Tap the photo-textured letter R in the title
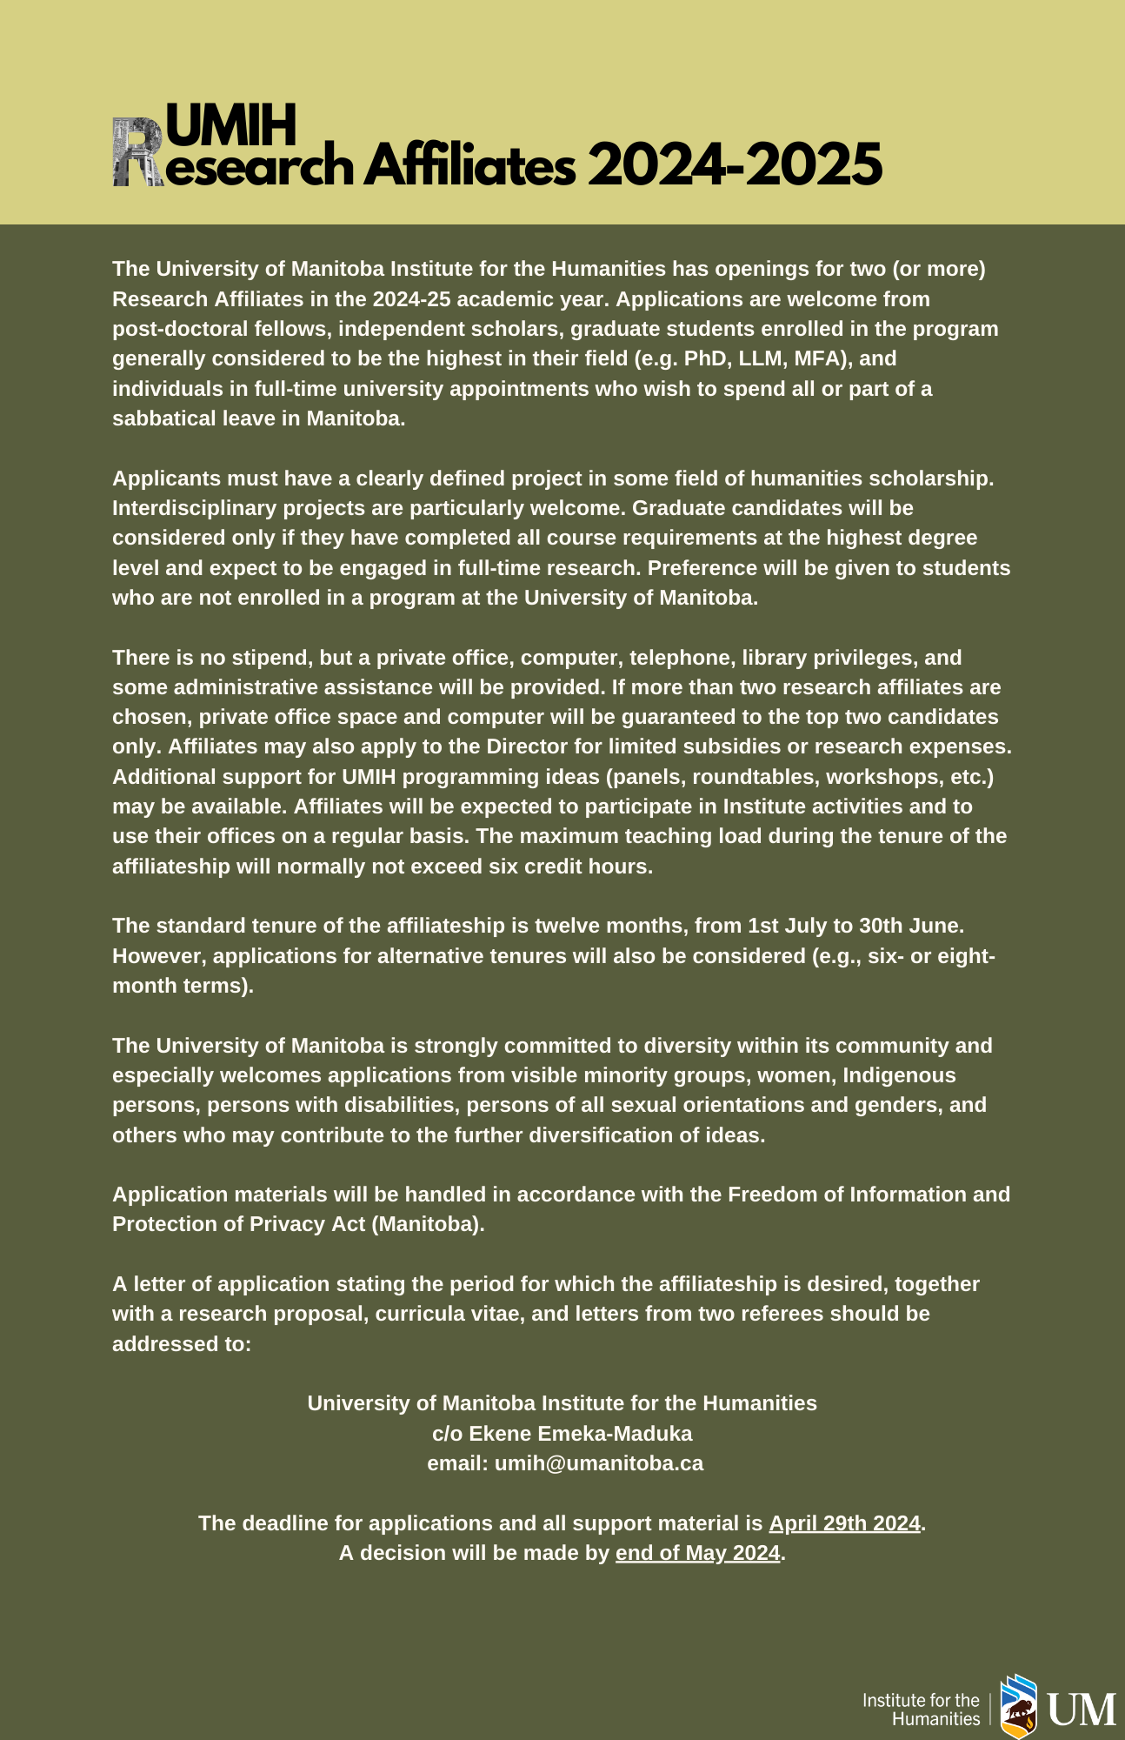[137, 153]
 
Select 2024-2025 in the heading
[735, 164]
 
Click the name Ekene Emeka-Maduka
[580, 1434]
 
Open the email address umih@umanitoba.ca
[599, 1463]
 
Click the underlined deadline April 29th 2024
[844, 1523]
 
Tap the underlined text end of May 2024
[697, 1553]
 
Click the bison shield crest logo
[1018, 1706]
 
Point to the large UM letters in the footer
[1081, 1710]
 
